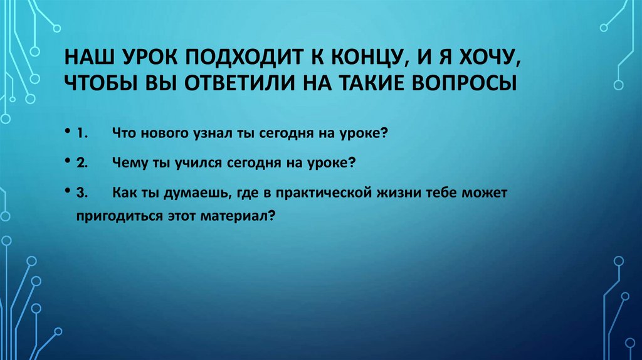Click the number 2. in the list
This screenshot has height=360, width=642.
point(83,162)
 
